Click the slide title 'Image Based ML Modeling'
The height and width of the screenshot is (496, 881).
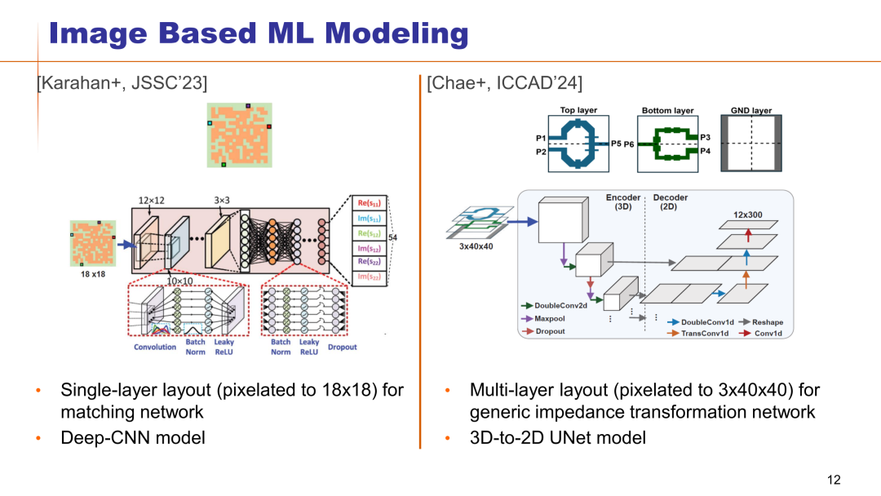258,33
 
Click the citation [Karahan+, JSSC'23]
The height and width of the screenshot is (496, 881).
122,83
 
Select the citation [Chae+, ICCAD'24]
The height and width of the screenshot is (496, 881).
505,83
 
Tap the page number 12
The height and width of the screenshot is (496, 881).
833,480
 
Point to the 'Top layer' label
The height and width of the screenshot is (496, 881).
578,110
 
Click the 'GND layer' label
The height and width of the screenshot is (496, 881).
751,110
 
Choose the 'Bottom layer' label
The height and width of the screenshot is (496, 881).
667,110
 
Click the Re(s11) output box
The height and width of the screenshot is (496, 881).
367,202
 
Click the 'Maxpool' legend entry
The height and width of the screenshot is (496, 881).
550,318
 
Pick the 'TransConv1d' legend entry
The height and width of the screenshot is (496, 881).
703,334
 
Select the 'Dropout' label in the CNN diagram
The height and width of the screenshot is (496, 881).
343,348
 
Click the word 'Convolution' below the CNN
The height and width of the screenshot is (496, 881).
155,348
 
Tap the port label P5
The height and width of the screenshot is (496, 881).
616,144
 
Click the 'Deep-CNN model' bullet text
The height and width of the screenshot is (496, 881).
133,438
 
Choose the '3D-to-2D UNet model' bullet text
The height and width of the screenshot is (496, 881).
557,438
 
